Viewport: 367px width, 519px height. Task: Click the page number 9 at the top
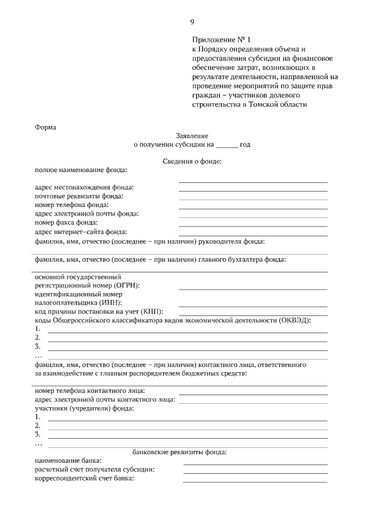[x=192, y=22]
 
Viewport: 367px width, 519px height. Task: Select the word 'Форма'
[x=45, y=127]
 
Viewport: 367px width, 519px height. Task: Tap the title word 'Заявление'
[x=192, y=135]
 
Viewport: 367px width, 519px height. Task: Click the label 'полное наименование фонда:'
[x=81, y=170]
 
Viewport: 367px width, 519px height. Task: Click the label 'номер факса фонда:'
[x=66, y=222]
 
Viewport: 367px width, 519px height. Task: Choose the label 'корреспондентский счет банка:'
[x=84, y=478]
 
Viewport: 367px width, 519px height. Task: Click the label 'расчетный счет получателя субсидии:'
[x=95, y=470]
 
